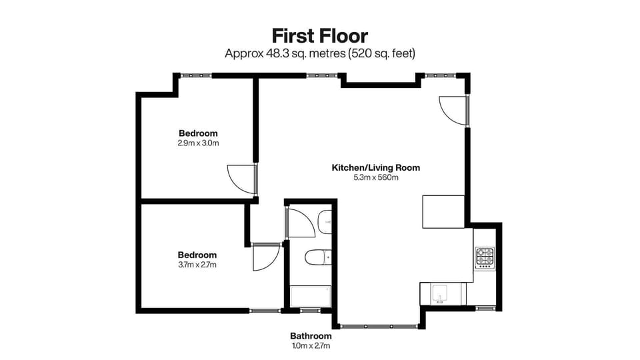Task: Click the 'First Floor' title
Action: (x=319, y=35)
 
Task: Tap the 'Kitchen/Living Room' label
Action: (x=376, y=167)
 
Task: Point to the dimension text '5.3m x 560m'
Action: (x=376, y=177)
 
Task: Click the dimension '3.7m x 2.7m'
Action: (x=197, y=265)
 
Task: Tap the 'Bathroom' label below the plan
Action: (x=311, y=336)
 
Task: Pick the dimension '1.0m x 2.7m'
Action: (x=311, y=345)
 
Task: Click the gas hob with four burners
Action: (x=484, y=258)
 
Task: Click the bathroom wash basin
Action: (x=325, y=221)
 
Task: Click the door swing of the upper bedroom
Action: (x=240, y=179)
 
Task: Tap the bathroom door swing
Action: (x=300, y=223)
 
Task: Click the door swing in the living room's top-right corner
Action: (x=454, y=109)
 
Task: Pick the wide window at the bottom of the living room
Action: (x=379, y=326)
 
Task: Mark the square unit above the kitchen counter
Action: (x=443, y=211)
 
